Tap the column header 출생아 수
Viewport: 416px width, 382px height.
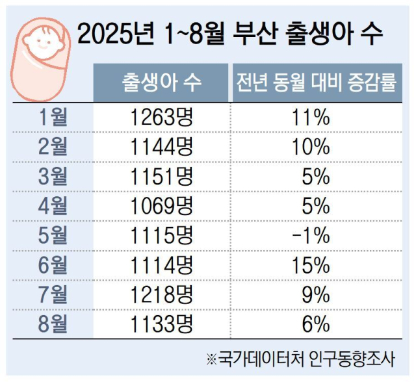point(161,83)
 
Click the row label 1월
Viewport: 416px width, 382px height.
point(53,118)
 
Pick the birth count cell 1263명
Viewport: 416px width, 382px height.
point(161,118)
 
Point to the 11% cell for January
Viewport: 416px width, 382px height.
point(311,118)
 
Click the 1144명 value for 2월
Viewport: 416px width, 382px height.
point(161,147)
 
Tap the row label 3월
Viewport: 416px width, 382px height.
point(53,176)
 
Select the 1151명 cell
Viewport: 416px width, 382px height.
point(161,176)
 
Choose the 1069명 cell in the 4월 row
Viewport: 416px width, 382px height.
point(161,206)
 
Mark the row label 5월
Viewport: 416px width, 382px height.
point(53,235)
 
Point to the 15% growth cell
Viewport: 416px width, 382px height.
point(311,264)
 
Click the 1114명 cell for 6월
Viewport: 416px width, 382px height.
point(161,264)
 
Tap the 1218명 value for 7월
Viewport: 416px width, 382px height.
point(161,294)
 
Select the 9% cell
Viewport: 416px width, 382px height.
point(316,294)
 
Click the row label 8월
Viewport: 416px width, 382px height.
point(53,323)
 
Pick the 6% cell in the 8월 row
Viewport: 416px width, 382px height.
point(316,323)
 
